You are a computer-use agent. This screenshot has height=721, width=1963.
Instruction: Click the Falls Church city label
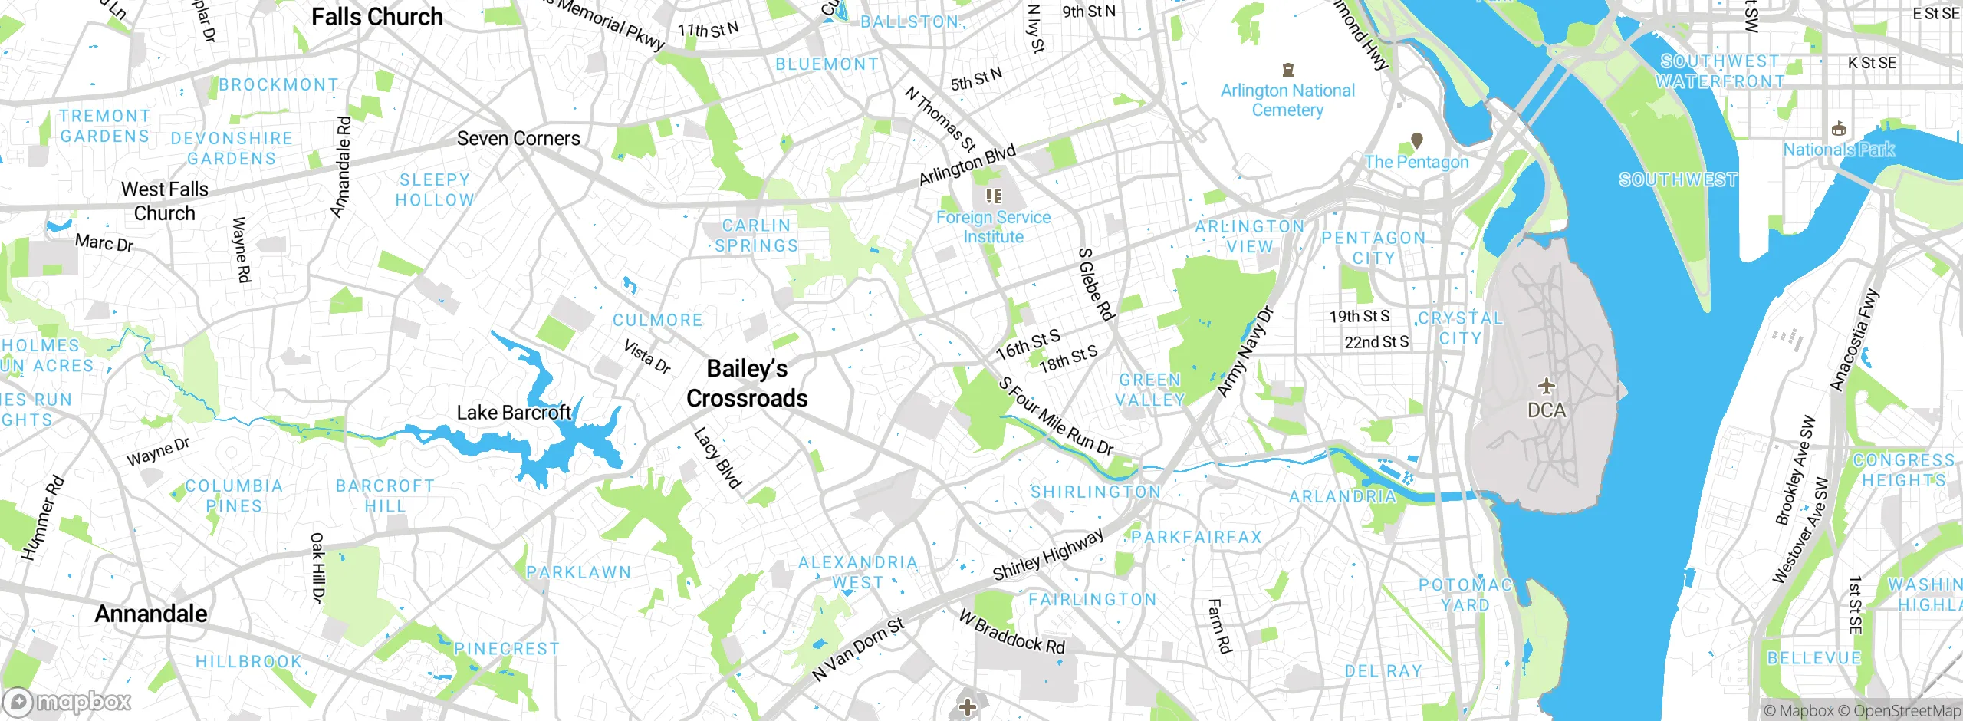[376, 17]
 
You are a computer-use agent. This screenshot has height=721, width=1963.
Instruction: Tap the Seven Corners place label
[518, 139]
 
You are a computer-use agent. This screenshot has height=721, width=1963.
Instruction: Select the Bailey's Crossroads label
[747, 384]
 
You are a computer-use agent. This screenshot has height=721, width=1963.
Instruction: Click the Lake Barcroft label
[514, 413]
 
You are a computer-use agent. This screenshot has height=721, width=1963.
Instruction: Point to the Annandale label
[151, 614]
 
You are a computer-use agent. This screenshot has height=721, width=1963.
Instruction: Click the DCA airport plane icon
[1547, 386]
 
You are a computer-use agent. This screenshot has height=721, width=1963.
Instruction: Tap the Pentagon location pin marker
[1417, 140]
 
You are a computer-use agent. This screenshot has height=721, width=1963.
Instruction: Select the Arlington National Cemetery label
[1287, 100]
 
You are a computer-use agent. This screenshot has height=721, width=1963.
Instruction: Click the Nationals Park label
[1838, 150]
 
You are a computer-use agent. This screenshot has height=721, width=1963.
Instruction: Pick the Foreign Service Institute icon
[994, 196]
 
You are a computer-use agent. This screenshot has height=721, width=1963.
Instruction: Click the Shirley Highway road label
[1048, 555]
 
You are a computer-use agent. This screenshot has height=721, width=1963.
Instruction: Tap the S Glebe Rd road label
[1096, 284]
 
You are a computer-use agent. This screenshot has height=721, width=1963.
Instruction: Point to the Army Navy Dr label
[1245, 352]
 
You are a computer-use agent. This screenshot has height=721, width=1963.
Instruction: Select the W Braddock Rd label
[1012, 631]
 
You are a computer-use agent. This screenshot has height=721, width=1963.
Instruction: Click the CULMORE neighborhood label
[657, 321]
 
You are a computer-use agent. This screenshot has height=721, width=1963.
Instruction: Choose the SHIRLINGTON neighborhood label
[1096, 492]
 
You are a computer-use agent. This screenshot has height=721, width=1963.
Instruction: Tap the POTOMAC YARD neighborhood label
[1465, 595]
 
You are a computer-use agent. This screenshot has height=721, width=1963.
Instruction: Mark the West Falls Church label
[164, 201]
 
